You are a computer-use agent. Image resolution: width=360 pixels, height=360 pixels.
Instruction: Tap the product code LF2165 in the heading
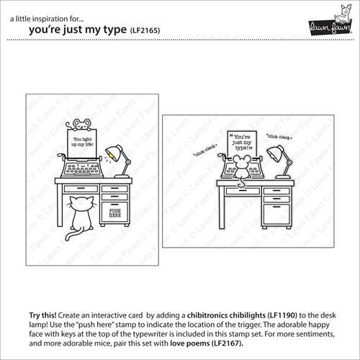pyautogui.click(x=145, y=30)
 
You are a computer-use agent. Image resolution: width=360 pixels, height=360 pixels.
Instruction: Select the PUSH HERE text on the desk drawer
pyautogui.click(x=115, y=213)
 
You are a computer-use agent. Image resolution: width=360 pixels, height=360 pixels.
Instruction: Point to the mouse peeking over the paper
pyautogui.click(x=80, y=125)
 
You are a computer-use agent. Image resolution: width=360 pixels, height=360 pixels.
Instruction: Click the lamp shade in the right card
pyautogui.click(x=275, y=154)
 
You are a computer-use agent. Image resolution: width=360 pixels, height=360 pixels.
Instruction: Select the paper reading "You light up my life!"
pyautogui.click(x=82, y=144)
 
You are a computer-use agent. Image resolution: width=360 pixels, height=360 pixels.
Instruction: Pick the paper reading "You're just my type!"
pyautogui.click(x=242, y=143)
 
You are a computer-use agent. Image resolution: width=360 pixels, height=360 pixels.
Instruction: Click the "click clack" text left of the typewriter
pyautogui.click(x=204, y=150)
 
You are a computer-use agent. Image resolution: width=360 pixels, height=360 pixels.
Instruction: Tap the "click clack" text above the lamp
pyautogui.click(x=279, y=137)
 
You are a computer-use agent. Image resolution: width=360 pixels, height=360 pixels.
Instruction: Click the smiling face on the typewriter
pyautogui.click(x=82, y=166)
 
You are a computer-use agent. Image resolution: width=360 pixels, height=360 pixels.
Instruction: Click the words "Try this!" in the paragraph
pyautogui.click(x=42, y=315)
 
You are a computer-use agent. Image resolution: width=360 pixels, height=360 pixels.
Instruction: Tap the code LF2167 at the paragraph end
pyautogui.click(x=227, y=343)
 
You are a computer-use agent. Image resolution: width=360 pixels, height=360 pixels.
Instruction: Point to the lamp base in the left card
pyautogui.click(x=122, y=176)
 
